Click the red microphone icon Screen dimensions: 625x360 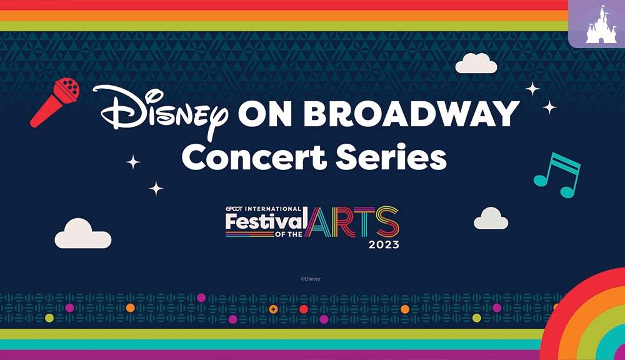click(x=54, y=102)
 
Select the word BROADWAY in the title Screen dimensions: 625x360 click(x=411, y=114)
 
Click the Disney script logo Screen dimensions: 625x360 click(x=160, y=111)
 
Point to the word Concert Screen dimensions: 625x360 click(x=254, y=157)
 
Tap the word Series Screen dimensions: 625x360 click(x=391, y=157)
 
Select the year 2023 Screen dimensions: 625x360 click(x=384, y=244)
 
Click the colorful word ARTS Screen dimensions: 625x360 click(x=352, y=222)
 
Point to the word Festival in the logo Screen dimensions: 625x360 click(x=266, y=221)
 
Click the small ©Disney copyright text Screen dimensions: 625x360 click(x=311, y=279)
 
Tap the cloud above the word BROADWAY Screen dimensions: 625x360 click(x=476, y=63)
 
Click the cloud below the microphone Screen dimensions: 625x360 click(x=83, y=234)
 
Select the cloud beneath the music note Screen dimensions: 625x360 click(x=491, y=219)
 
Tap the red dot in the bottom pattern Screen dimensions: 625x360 click(x=304, y=309)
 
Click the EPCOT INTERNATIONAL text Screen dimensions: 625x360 click(x=264, y=209)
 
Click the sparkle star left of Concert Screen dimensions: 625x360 click(x=133, y=162)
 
